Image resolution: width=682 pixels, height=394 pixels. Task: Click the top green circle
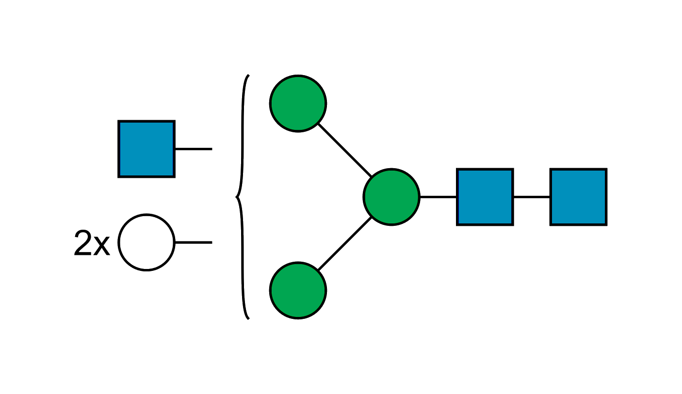pyautogui.click(x=298, y=103)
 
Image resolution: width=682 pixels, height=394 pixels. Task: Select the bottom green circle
pyautogui.click(x=298, y=290)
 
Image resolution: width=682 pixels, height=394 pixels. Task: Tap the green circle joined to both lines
pyautogui.click(x=391, y=197)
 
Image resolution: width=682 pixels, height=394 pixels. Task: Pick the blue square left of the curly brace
pyautogui.click(x=146, y=149)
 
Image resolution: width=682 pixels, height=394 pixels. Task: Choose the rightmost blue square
pyautogui.click(x=578, y=197)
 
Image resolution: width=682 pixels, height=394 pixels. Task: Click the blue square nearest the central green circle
pyautogui.click(x=485, y=197)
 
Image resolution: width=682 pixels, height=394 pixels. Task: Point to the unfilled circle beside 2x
pyautogui.click(x=146, y=242)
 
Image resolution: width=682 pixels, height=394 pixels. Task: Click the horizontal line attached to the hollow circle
pyautogui.click(x=194, y=241)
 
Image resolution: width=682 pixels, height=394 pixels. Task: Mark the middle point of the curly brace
pyautogui.click(x=236, y=197)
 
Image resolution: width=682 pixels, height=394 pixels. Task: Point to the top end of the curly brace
pyautogui.click(x=248, y=75)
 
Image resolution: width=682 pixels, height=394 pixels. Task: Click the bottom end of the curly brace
pyautogui.click(x=248, y=319)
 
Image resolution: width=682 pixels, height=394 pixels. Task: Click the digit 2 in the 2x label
pyautogui.click(x=83, y=243)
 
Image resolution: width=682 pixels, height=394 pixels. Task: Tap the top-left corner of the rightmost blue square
pyautogui.click(x=550, y=169)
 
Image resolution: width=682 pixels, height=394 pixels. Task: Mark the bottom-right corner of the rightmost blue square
pyautogui.click(x=606, y=225)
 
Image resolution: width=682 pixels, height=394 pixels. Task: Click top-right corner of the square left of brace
pyautogui.click(x=175, y=121)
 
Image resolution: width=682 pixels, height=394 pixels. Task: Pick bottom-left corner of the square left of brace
pyautogui.click(x=118, y=177)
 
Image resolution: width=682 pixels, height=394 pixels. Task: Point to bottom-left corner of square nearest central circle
pyautogui.click(x=457, y=225)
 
